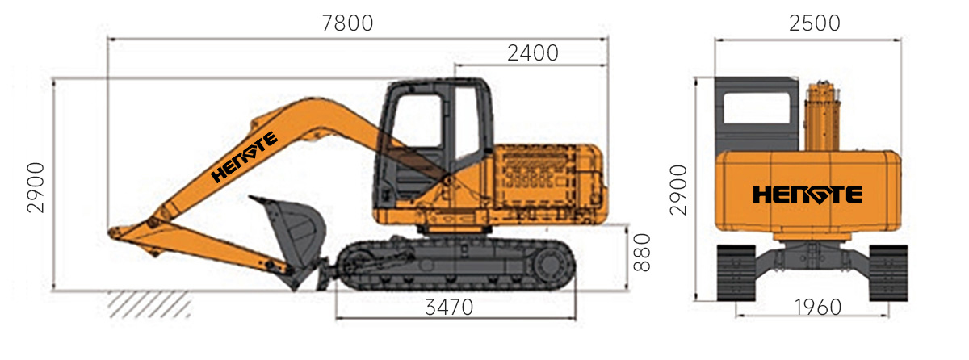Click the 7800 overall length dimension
pyautogui.click(x=347, y=23)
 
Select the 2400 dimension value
pyautogui.click(x=532, y=53)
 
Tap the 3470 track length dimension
pyautogui.click(x=449, y=308)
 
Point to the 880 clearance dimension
pyautogui.click(x=642, y=253)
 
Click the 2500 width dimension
pyautogui.click(x=815, y=23)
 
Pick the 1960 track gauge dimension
pyautogui.click(x=818, y=308)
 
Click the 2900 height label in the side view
pyautogui.click(x=36, y=187)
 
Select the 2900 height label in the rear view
pyautogui.click(x=678, y=190)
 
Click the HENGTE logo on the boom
pyautogui.click(x=244, y=157)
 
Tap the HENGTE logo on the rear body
pyautogui.click(x=807, y=195)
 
